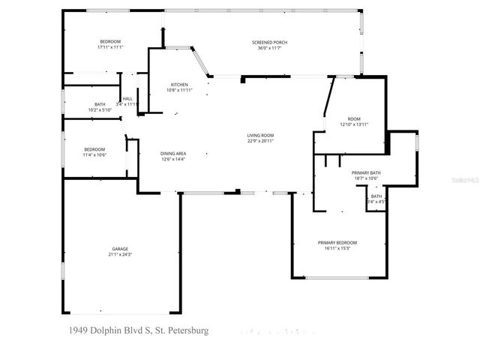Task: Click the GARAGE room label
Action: pos(120,249)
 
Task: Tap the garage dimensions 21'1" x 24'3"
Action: pos(120,255)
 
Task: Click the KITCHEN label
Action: pos(179,84)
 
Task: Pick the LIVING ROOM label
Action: pos(260,135)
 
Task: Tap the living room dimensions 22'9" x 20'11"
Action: pos(260,141)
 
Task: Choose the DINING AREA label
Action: pos(173,153)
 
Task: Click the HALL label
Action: pos(127,98)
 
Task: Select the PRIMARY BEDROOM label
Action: pos(337,242)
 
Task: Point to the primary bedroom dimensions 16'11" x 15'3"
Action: pos(337,248)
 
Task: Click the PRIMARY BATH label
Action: pos(367,172)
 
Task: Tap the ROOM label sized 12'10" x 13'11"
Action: pos(354,118)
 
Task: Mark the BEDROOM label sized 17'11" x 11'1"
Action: pos(109,41)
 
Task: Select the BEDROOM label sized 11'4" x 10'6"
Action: pos(94,148)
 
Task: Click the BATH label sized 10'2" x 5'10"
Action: pos(100,104)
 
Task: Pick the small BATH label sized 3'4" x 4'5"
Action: pos(376,196)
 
